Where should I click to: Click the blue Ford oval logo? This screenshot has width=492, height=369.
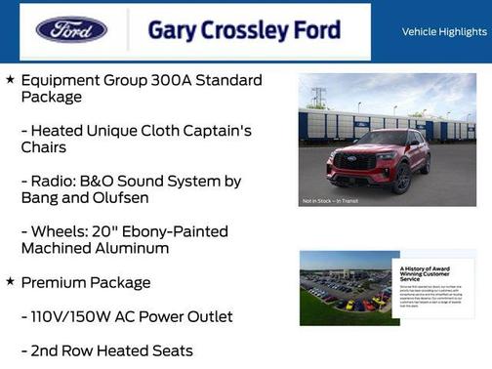click(x=71, y=29)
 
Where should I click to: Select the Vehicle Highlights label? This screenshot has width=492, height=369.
click(x=444, y=32)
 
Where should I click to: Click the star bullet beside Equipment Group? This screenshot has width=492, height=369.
click(x=10, y=79)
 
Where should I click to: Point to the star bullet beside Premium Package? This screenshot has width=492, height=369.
click(x=10, y=282)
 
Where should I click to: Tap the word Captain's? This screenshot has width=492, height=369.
click(x=209, y=130)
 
